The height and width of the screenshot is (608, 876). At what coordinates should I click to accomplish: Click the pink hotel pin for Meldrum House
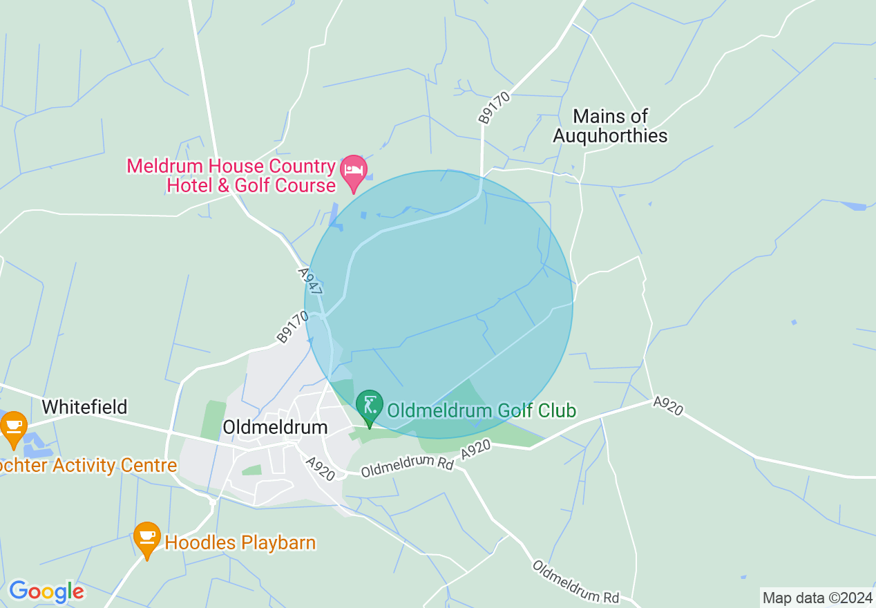click(354, 171)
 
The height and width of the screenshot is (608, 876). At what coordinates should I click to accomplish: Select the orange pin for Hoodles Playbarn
click(146, 538)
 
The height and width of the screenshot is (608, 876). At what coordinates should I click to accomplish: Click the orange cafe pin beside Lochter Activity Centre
click(13, 427)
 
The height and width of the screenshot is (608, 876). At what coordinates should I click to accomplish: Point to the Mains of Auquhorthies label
click(611, 126)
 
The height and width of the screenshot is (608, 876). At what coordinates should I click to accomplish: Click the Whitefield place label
click(85, 407)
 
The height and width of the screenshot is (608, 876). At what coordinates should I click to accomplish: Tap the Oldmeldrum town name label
click(275, 428)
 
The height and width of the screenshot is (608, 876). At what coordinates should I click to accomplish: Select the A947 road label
click(311, 282)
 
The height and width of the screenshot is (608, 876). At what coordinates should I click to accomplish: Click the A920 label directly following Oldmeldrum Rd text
click(476, 452)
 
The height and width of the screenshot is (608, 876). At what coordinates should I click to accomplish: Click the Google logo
click(46, 591)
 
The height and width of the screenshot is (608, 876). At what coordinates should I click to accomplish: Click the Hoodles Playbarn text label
click(240, 543)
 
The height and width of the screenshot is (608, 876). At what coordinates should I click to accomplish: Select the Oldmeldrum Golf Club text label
click(481, 410)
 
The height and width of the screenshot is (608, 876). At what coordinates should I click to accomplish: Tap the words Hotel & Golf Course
click(251, 185)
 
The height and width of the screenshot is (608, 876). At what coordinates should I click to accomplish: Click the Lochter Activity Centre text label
click(88, 466)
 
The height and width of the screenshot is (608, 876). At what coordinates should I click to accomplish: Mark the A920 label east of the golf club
click(667, 406)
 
